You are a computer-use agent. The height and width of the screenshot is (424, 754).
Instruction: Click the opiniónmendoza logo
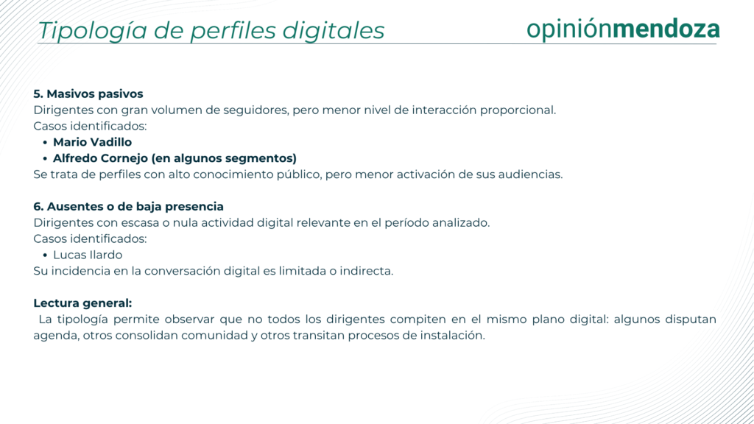click(x=623, y=29)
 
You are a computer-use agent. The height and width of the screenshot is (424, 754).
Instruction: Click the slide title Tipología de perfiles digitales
click(x=211, y=31)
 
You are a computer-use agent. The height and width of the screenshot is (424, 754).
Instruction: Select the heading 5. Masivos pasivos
click(x=88, y=93)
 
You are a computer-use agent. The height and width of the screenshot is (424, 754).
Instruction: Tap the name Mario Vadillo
click(x=92, y=142)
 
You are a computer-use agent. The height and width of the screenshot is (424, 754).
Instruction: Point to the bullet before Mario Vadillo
click(x=45, y=143)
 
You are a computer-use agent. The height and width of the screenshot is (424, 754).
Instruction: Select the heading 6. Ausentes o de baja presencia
click(x=128, y=207)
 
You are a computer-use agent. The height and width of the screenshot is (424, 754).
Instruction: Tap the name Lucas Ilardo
click(x=88, y=255)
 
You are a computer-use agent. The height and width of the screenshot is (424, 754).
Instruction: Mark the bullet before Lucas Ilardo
click(x=45, y=255)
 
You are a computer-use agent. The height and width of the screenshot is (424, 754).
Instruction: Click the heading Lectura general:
click(x=82, y=303)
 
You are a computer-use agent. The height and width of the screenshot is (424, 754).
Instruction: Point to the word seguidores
click(x=257, y=110)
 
